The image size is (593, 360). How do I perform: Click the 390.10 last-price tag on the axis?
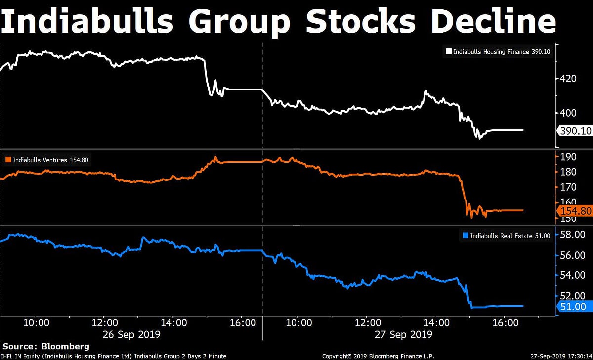[574, 131]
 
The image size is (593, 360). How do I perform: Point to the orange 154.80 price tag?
[574, 211]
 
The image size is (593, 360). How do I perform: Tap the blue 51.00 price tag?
[574, 307]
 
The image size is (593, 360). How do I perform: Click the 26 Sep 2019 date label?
[131, 335]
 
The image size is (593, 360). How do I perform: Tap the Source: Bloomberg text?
[46, 346]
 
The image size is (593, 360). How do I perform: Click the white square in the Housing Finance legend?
[449, 51]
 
